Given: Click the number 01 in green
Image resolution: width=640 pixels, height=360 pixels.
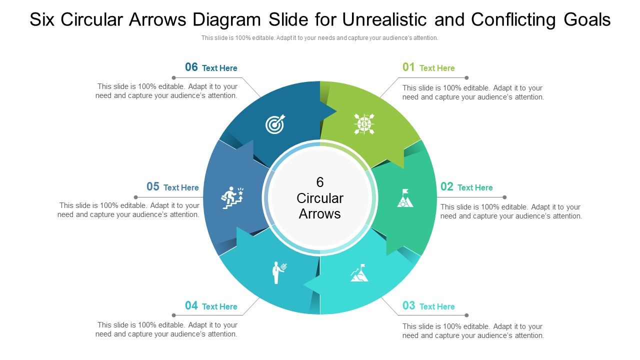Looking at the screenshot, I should (x=409, y=67).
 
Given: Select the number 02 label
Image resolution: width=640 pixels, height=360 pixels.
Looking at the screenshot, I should (x=447, y=187).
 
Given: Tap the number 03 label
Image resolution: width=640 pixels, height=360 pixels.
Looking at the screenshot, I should (x=409, y=305).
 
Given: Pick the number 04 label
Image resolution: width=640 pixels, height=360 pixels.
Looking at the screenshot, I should (x=191, y=305).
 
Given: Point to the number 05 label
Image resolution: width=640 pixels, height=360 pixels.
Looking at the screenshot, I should (x=153, y=187).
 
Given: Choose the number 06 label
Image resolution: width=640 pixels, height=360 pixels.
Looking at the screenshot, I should (x=191, y=67).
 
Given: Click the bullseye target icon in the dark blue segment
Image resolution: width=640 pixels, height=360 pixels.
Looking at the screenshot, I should (x=275, y=124).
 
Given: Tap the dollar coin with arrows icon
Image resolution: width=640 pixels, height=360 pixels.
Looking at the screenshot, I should (x=364, y=123).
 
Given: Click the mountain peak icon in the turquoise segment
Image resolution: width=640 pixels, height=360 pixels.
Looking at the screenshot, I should (x=359, y=273).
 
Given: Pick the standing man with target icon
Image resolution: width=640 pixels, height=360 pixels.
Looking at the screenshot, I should (x=278, y=272).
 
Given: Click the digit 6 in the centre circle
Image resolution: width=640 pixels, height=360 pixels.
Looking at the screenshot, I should (x=320, y=182).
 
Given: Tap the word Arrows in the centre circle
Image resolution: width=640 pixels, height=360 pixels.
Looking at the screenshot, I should (x=320, y=214).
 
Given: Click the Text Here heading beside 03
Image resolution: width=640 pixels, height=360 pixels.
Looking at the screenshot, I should (x=437, y=306).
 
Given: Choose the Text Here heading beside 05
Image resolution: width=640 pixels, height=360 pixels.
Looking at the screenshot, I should (x=181, y=188).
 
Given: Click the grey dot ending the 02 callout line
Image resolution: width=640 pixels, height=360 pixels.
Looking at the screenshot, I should (x=505, y=197).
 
